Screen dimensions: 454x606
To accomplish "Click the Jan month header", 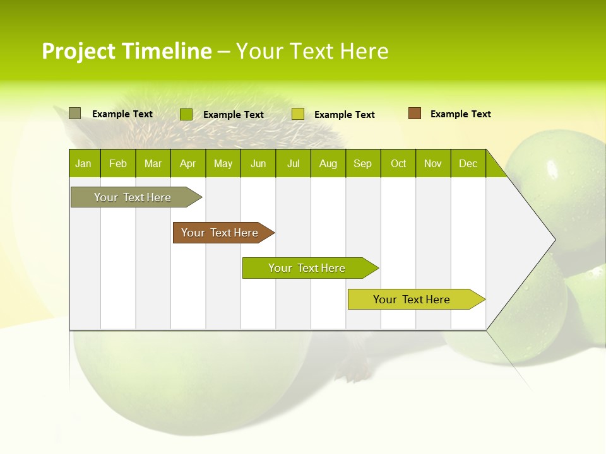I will click(83, 164).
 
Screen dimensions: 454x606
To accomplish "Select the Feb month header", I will click(118, 164).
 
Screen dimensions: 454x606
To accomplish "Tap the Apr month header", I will click(187, 164).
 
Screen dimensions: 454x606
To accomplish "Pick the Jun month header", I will click(258, 164).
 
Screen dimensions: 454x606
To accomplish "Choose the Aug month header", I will click(328, 164).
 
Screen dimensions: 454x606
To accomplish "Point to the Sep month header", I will click(362, 164).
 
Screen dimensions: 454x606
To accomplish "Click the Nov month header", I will click(433, 164).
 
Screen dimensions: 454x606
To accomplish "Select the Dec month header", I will click(468, 164).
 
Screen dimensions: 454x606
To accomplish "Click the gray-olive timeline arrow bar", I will click(133, 197).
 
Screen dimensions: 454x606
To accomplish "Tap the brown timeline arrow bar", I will click(220, 233).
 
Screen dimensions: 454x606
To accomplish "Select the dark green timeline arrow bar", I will click(307, 268).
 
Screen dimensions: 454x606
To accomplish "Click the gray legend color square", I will click(75, 113).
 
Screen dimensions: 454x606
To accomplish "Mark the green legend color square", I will click(186, 114).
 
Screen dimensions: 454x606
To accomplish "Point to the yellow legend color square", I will click(298, 114).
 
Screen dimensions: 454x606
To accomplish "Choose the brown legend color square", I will click(414, 113).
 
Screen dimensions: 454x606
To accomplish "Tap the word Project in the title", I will click(79, 51).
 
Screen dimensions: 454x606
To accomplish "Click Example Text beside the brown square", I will click(460, 114).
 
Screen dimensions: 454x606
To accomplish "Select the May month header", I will click(223, 164).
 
